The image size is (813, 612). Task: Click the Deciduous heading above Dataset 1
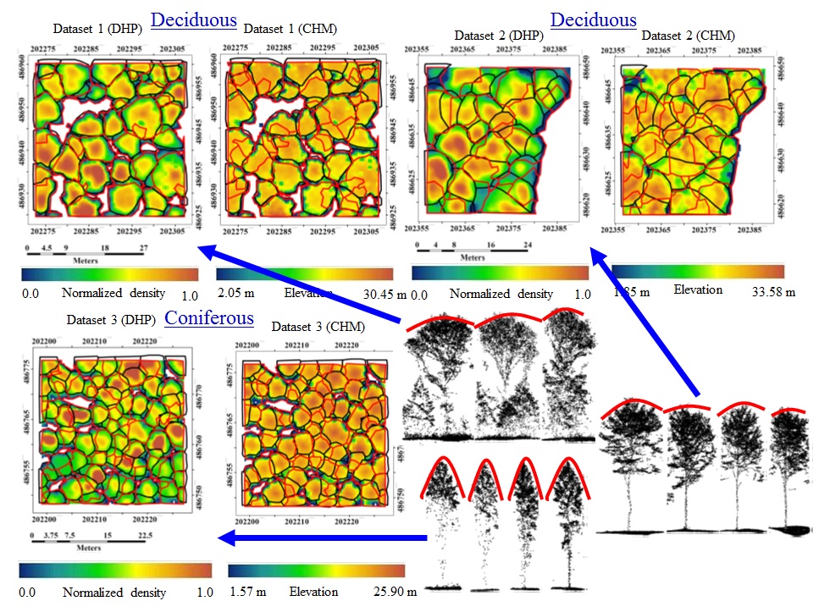(193, 20)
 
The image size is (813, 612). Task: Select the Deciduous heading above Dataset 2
(593, 20)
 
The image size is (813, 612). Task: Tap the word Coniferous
(209, 318)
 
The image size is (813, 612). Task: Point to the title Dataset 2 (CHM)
(688, 36)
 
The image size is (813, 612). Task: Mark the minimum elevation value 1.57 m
(247, 592)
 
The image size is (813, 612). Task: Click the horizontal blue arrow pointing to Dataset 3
(322, 538)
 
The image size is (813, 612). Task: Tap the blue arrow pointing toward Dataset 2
(644, 322)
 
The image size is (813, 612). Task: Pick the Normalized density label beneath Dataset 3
(114, 592)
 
